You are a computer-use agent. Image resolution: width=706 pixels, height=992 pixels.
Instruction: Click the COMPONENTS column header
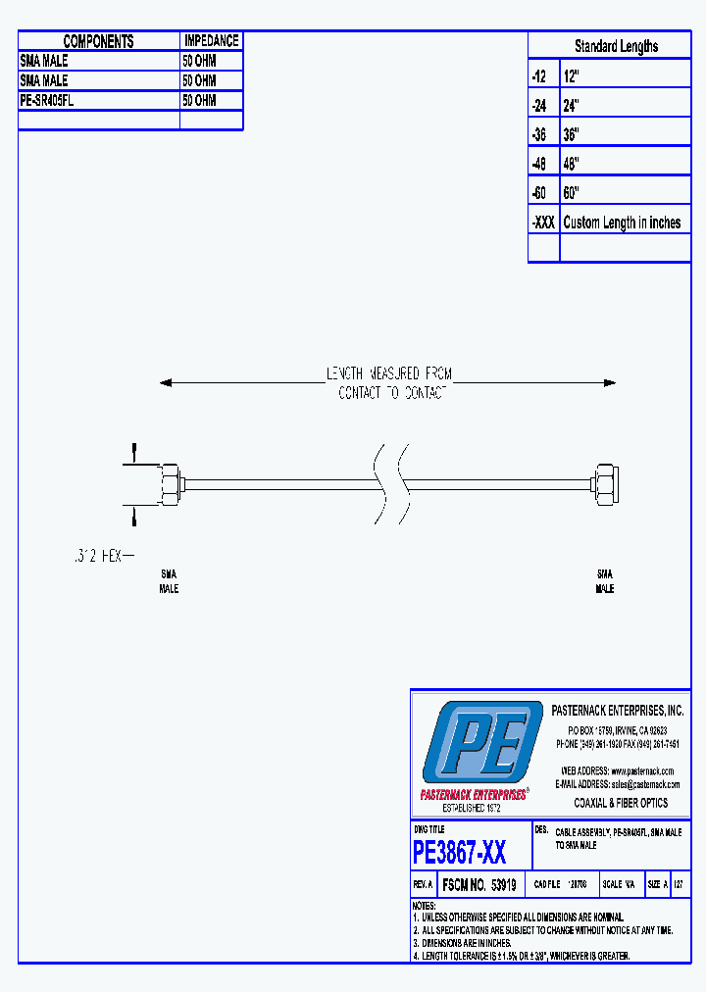point(98,41)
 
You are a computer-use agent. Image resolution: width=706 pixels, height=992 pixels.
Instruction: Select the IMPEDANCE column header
point(211,41)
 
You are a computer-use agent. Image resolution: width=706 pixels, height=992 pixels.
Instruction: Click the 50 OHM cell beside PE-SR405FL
point(199,100)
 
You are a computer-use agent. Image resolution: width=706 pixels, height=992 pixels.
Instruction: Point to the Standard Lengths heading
point(616,46)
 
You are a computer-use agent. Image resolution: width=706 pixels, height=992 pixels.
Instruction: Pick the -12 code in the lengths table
point(539,75)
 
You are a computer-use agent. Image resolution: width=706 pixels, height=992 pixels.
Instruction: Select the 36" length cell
point(572,134)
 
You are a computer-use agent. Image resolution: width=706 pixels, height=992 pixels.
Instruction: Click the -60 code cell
point(539,193)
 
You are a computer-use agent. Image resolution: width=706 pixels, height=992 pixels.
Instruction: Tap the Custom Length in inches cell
point(622,223)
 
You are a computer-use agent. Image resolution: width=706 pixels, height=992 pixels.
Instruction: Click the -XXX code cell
point(543,223)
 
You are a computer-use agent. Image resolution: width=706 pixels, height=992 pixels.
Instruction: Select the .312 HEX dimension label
point(98,556)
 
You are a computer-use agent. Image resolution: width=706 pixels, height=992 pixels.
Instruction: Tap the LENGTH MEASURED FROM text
point(389,373)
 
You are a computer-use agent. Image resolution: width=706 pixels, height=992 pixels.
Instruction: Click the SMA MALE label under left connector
point(169,581)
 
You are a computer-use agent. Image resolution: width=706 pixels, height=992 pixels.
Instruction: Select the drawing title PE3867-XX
point(460,852)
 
